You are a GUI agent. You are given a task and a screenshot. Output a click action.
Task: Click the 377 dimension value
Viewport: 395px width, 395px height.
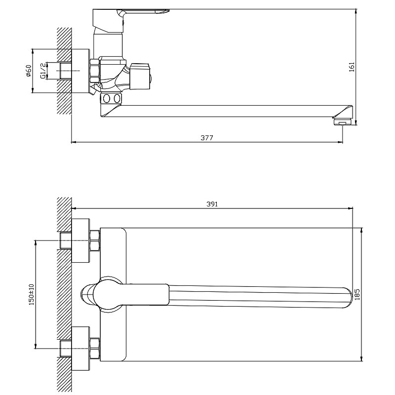(x=207, y=138)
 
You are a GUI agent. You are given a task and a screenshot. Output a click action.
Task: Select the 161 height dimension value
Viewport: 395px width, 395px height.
(x=352, y=67)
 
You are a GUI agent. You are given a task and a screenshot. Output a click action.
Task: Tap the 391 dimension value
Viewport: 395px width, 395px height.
(x=212, y=204)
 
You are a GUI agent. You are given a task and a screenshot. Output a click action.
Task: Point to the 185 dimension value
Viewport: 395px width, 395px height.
(x=357, y=294)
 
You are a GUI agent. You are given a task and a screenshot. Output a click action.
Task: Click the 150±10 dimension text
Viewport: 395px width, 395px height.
(x=31, y=294)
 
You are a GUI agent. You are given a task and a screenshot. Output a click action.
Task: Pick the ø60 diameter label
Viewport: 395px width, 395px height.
(x=29, y=71)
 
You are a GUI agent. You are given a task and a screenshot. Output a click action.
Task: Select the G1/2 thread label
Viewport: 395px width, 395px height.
(x=43, y=71)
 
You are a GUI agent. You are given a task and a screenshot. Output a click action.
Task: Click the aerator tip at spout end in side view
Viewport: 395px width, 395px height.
(x=343, y=122)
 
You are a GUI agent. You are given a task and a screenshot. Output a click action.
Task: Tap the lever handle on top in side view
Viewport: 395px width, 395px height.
(x=131, y=20)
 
